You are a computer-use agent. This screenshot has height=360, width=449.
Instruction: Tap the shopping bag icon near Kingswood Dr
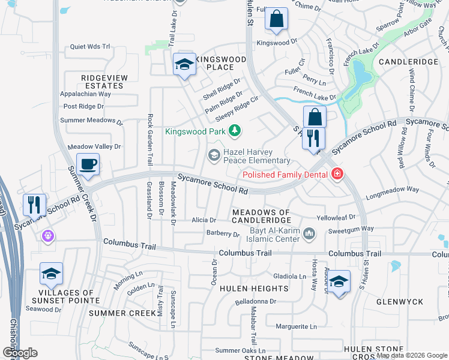[276, 19]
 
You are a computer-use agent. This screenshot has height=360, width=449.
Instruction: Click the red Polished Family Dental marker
[337, 175]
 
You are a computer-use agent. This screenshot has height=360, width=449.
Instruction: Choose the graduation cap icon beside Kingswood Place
[184, 65]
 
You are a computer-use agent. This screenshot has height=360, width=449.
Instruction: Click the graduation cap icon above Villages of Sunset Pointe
[52, 274]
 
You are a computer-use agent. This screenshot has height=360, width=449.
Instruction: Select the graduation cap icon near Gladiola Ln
[339, 281]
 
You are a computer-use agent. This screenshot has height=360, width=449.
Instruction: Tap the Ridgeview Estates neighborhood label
[102, 82]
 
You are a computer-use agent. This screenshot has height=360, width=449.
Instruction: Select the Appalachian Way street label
[85, 94]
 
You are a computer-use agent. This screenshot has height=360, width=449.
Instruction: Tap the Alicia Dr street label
[204, 220]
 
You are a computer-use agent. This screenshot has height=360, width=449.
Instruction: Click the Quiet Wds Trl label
[90, 46]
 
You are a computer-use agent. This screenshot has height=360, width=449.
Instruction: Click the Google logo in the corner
[20, 353]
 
